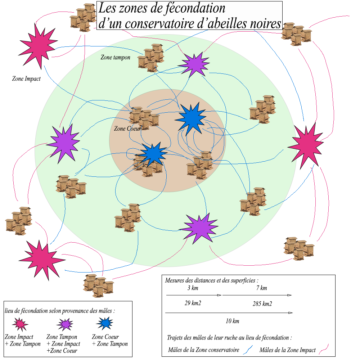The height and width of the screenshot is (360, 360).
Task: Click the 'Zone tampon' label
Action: [x=115, y=57]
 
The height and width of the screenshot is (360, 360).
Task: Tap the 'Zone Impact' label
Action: [x=26, y=78]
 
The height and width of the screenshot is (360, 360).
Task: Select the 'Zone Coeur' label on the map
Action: [x=127, y=128]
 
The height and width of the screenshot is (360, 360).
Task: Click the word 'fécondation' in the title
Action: [x=195, y=8]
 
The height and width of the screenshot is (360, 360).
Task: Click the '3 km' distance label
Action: [x=193, y=288]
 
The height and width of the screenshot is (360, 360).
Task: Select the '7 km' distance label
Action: [x=262, y=288]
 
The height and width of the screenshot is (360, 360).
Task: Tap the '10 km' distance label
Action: [x=233, y=321]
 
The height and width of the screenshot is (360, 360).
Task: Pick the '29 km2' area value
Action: [x=193, y=303]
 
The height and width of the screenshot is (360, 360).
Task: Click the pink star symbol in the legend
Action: [x=20, y=324]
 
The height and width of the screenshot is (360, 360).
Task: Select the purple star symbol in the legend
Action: [x=65, y=324]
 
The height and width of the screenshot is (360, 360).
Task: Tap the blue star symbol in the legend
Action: [x=105, y=323]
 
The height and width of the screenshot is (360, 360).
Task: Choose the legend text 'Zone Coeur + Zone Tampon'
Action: [x=109, y=340]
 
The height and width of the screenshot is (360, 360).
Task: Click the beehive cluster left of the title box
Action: [x=83, y=17]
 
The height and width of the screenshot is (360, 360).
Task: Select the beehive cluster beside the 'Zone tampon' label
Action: [x=150, y=58]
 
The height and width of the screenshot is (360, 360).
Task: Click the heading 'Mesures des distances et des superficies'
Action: [x=212, y=280]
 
